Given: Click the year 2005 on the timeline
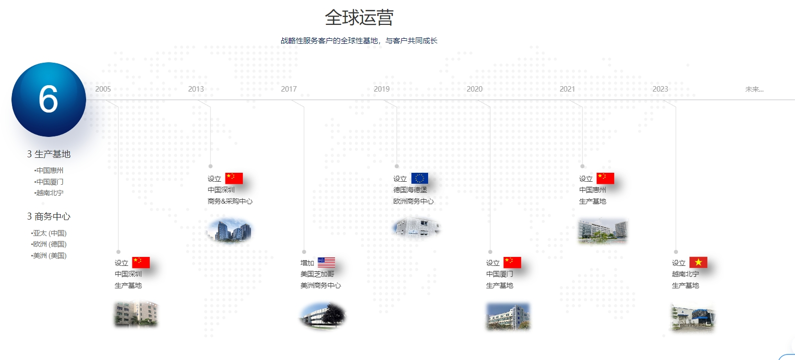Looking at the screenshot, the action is [x=103, y=89].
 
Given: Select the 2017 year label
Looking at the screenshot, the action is [x=289, y=89].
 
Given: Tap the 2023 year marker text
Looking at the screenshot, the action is [x=660, y=89].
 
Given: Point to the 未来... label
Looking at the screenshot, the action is [x=754, y=89].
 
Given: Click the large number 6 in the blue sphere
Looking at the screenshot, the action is [x=48, y=99].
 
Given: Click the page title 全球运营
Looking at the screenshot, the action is [x=359, y=17].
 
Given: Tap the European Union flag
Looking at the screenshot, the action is [x=420, y=178].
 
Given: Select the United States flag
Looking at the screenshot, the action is [x=326, y=262].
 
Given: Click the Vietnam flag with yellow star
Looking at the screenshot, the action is [x=698, y=262].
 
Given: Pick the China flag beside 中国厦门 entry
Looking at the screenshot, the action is [x=512, y=262].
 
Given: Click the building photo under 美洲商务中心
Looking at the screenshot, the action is [x=323, y=315].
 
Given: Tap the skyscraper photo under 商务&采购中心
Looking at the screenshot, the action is [x=229, y=231].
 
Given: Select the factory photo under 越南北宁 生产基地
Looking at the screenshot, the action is [x=693, y=317].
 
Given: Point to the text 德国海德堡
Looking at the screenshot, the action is [x=410, y=190].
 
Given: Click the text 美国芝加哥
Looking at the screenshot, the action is [x=317, y=274].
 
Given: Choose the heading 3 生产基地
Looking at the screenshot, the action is [x=49, y=154].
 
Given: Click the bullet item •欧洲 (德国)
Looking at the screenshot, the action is [x=49, y=244].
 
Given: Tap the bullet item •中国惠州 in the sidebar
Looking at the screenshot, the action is [x=49, y=170].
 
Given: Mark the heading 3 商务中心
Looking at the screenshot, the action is [x=49, y=217].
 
